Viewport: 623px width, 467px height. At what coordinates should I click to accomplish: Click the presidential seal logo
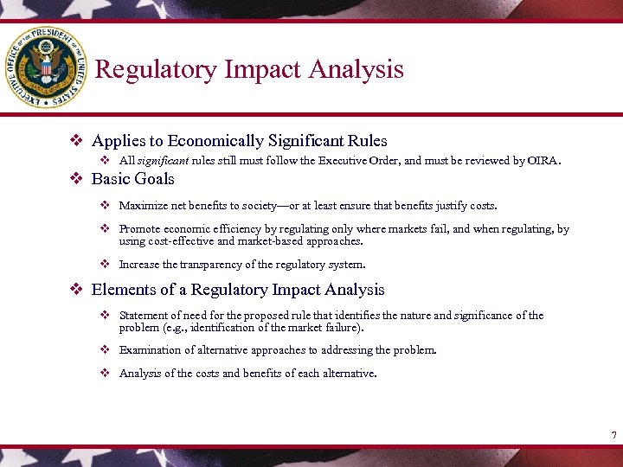tap(46, 67)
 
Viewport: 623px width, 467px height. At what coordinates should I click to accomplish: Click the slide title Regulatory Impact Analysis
tap(249, 69)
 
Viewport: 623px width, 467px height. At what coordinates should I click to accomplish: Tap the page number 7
tap(613, 434)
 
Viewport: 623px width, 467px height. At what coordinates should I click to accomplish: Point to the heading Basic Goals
tap(132, 179)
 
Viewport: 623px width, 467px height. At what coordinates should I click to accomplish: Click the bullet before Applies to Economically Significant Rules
tap(75, 140)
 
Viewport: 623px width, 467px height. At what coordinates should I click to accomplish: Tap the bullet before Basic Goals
tap(75, 179)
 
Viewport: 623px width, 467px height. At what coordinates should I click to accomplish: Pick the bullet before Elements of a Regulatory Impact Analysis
tap(75, 290)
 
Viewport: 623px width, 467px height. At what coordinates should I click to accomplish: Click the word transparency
tap(214, 265)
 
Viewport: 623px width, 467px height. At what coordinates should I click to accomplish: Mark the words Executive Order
tap(356, 161)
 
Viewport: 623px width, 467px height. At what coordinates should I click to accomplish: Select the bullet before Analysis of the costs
tap(104, 374)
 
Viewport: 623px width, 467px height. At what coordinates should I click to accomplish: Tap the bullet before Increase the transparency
tap(104, 265)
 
